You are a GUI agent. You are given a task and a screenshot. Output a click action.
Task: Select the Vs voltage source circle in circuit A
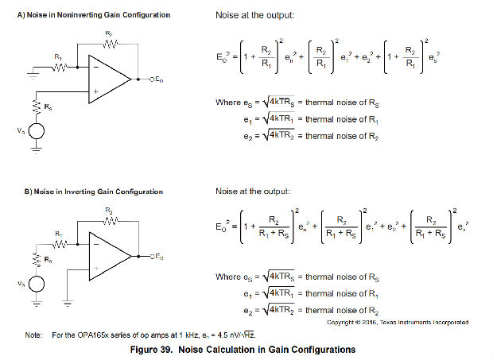pos(36,134)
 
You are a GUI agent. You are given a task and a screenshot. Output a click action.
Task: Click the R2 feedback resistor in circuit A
pos(109,44)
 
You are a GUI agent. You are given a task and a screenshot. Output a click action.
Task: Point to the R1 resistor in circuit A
pos(58,68)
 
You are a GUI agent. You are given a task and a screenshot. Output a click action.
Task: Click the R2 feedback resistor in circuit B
pos(109,220)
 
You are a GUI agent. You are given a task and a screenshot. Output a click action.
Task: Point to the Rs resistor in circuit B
pos(36,259)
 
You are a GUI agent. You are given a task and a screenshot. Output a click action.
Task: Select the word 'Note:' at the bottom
pos(33,335)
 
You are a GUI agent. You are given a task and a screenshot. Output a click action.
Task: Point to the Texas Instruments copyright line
pos(398,322)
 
